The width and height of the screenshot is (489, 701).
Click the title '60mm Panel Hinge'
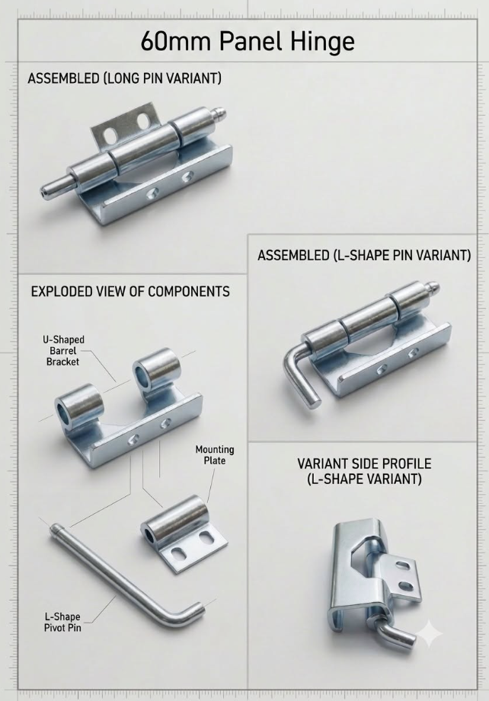[x=248, y=42]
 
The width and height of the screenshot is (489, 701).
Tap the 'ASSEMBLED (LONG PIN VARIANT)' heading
[x=124, y=78]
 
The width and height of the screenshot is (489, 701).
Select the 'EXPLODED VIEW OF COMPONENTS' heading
[x=130, y=292]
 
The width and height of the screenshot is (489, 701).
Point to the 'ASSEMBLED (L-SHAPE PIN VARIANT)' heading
[x=364, y=255]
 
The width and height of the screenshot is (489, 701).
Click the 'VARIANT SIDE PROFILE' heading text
[x=364, y=464]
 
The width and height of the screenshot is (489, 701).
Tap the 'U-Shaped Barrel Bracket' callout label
[x=63, y=350]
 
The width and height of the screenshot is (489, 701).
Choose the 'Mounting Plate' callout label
[x=215, y=454]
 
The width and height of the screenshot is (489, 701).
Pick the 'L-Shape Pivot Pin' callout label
[x=62, y=622]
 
